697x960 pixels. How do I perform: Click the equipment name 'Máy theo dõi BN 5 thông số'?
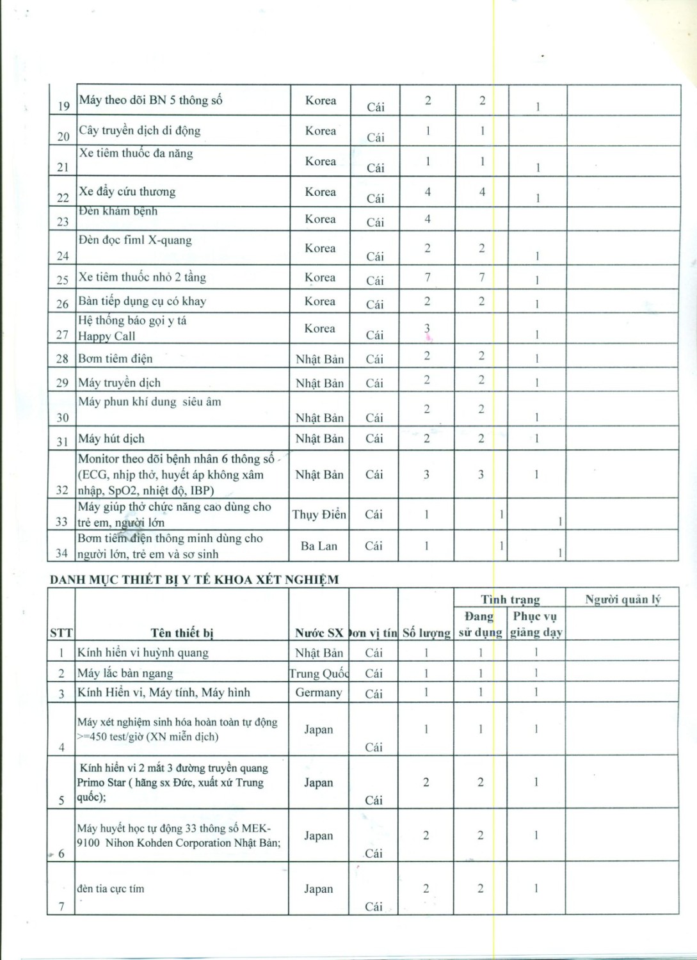151,100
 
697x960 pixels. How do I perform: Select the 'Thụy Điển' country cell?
319,515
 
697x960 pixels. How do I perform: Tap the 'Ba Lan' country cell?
319,546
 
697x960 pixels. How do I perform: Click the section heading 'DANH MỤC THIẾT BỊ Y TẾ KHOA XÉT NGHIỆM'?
195,580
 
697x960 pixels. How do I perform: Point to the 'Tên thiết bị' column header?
182,633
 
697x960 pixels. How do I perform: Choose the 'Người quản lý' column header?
622,600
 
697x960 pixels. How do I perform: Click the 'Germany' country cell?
319,692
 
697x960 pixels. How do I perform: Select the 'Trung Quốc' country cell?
319,673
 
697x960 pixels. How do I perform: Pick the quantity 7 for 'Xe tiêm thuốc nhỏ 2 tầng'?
428,277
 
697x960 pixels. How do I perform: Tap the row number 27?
62,335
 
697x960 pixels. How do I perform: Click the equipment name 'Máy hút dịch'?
111,438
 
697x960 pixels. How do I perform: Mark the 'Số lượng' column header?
426,633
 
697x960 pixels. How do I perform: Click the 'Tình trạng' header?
510,600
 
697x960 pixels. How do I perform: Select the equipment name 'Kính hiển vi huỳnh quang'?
143,653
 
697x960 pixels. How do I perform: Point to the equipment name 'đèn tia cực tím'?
111,888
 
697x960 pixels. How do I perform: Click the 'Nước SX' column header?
319,633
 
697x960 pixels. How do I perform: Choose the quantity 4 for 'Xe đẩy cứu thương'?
428,191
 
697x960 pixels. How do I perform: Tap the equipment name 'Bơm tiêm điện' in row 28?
115,358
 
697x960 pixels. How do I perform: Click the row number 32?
62,490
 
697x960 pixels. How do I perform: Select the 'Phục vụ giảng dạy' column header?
536,624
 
